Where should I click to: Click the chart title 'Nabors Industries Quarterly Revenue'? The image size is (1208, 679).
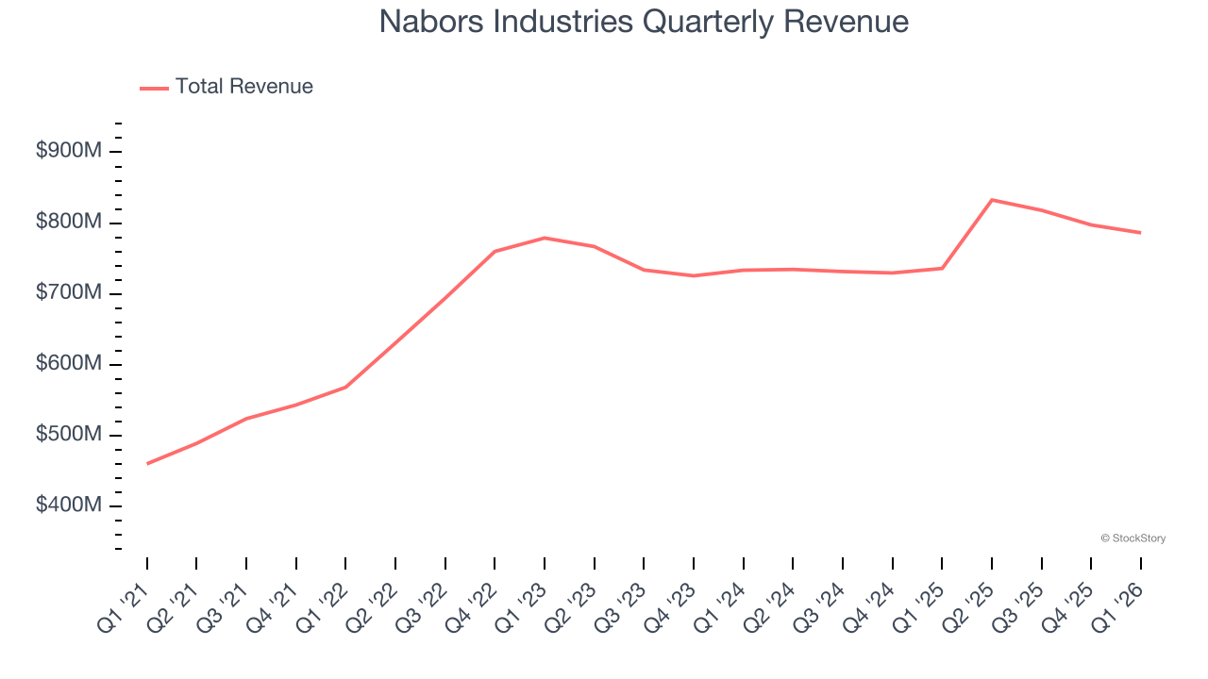pyautogui.click(x=644, y=22)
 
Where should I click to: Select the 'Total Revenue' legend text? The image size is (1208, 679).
pyautogui.click(x=243, y=87)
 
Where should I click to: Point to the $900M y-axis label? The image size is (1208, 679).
pyautogui.click(x=68, y=152)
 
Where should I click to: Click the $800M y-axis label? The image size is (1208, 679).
pyautogui.click(x=68, y=223)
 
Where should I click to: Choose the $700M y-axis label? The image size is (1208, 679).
pyautogui.click(x=68, y=293)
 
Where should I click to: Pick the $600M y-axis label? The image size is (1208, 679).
pyautogui.click(x=68, y=364)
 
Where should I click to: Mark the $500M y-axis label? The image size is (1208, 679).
pyautogui.click(x=68, y=435)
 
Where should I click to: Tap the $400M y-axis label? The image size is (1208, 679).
pyautogui.click(x=68, y=505)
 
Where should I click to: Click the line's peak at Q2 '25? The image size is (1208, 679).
pyautogui.click(x=992, y=200)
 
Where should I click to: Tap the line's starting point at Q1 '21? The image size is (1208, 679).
pyautogui.click(x=147, y=464)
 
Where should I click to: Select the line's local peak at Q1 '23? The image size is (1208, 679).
pyautogui.click(x=545, y=238)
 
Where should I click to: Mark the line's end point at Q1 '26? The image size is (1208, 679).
pyautogui.click(x=1141, y=233)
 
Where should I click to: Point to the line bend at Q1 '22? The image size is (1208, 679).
pyautogui.click(x=346, y=387)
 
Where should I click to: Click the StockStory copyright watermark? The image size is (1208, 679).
pyautogui.click(x=1132, y=538)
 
